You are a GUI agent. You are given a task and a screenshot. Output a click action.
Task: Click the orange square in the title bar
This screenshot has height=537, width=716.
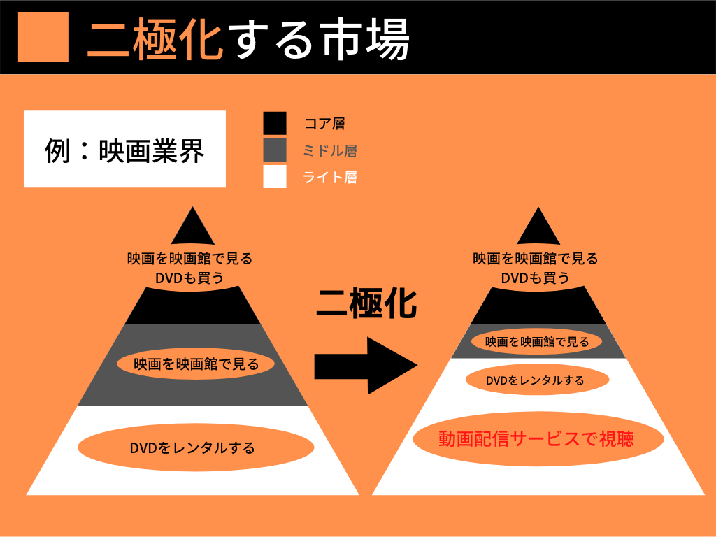pos(43,36)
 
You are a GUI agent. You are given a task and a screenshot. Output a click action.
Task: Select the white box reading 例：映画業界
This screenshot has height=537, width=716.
pos(124,149)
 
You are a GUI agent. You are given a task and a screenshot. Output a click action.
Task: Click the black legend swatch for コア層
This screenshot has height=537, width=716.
pos(275,123)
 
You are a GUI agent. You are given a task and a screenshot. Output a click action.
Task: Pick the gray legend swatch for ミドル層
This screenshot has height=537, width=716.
pos(275,150)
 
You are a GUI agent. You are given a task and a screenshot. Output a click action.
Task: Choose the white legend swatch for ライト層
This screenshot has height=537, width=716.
pos(275,177)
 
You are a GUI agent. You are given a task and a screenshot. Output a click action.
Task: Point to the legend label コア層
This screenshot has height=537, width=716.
pos(324,124)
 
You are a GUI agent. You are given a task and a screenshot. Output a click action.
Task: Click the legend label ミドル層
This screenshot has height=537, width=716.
pos(330,151)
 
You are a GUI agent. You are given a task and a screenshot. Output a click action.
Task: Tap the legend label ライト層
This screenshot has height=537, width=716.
pos(330,178)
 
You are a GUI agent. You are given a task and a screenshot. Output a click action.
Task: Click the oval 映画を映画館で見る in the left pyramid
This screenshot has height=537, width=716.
pos(196,364)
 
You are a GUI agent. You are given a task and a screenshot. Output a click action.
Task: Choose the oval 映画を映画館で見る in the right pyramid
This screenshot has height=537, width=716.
pos(537,342)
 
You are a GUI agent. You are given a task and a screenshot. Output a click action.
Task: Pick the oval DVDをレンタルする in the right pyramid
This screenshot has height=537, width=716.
pos(537,380)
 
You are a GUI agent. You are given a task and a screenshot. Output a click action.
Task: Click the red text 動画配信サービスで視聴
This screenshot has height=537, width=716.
pos(536,439)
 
